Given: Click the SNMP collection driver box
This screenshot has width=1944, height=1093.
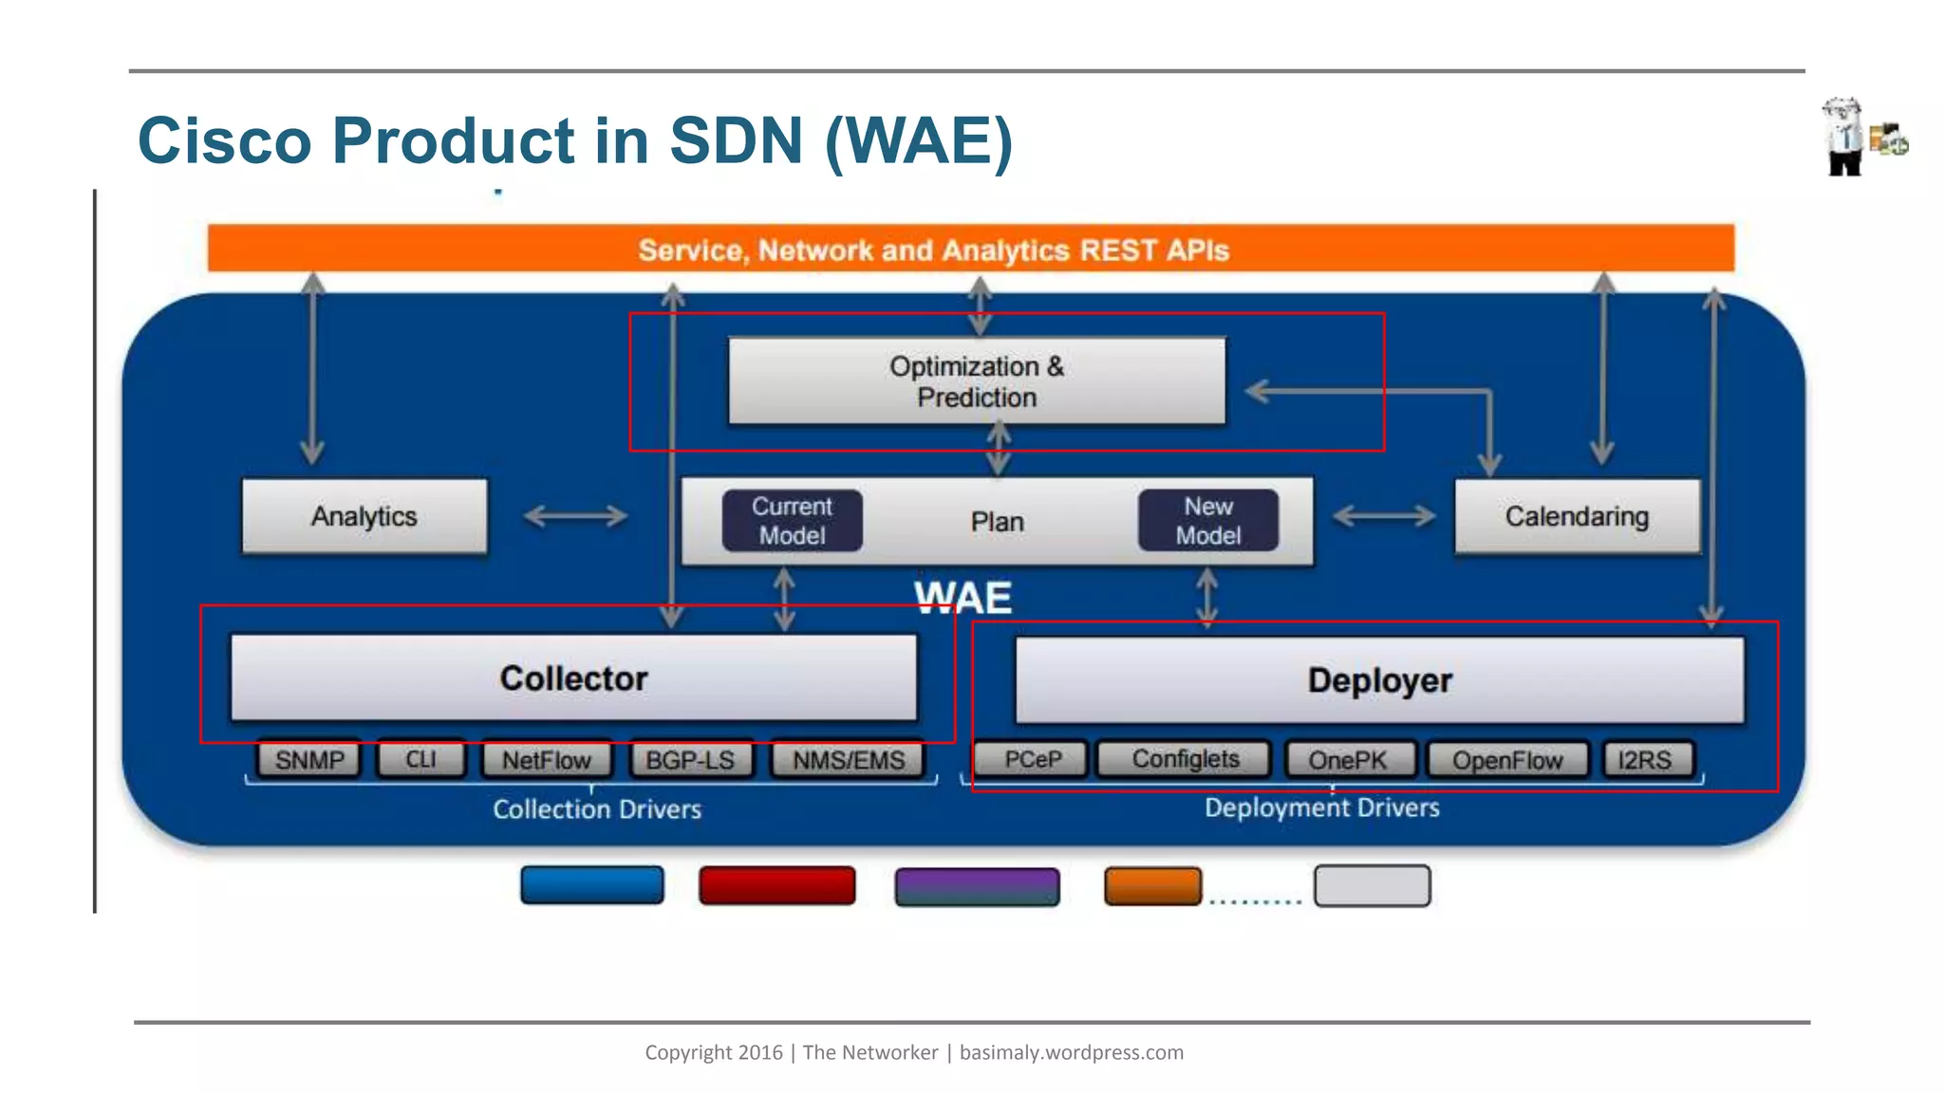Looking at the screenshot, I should coord(309,760).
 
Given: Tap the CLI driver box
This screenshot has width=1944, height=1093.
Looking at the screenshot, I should coord(421,760).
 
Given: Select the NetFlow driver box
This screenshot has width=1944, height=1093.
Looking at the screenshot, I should coord(546,760).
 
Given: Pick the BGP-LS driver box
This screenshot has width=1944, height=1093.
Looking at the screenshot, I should coord(690,760).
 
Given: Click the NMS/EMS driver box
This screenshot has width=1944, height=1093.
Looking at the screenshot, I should coord(849,760).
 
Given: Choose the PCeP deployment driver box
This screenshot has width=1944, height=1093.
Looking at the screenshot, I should coord(1032,760).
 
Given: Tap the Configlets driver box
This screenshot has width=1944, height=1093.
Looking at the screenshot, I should coord(1185,759).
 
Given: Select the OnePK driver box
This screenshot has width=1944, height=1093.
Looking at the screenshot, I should coord(1348,760).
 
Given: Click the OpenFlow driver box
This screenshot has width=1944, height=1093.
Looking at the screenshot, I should coord(1507,760).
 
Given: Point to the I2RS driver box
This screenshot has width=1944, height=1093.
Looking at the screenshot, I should coord(1646,760).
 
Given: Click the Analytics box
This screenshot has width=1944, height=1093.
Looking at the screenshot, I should coord(364,516).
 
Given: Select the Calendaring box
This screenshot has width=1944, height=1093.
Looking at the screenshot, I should coord(1577,516).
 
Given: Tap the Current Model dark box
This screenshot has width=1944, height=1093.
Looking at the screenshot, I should coord(792,521).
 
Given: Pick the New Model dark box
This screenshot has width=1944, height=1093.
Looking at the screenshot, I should coord(1207,521).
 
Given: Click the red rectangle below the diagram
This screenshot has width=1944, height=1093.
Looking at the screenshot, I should coord(776,885).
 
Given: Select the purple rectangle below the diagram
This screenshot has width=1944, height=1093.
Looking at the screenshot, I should coord(977,886).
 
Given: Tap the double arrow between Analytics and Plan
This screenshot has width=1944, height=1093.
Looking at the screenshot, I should coord(575,516).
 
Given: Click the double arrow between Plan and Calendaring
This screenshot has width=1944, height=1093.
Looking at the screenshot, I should coord(1384,516).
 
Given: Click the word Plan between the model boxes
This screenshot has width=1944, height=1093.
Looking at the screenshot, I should coord(997,522).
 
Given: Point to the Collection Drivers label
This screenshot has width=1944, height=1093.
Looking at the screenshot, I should coord(597,809).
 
